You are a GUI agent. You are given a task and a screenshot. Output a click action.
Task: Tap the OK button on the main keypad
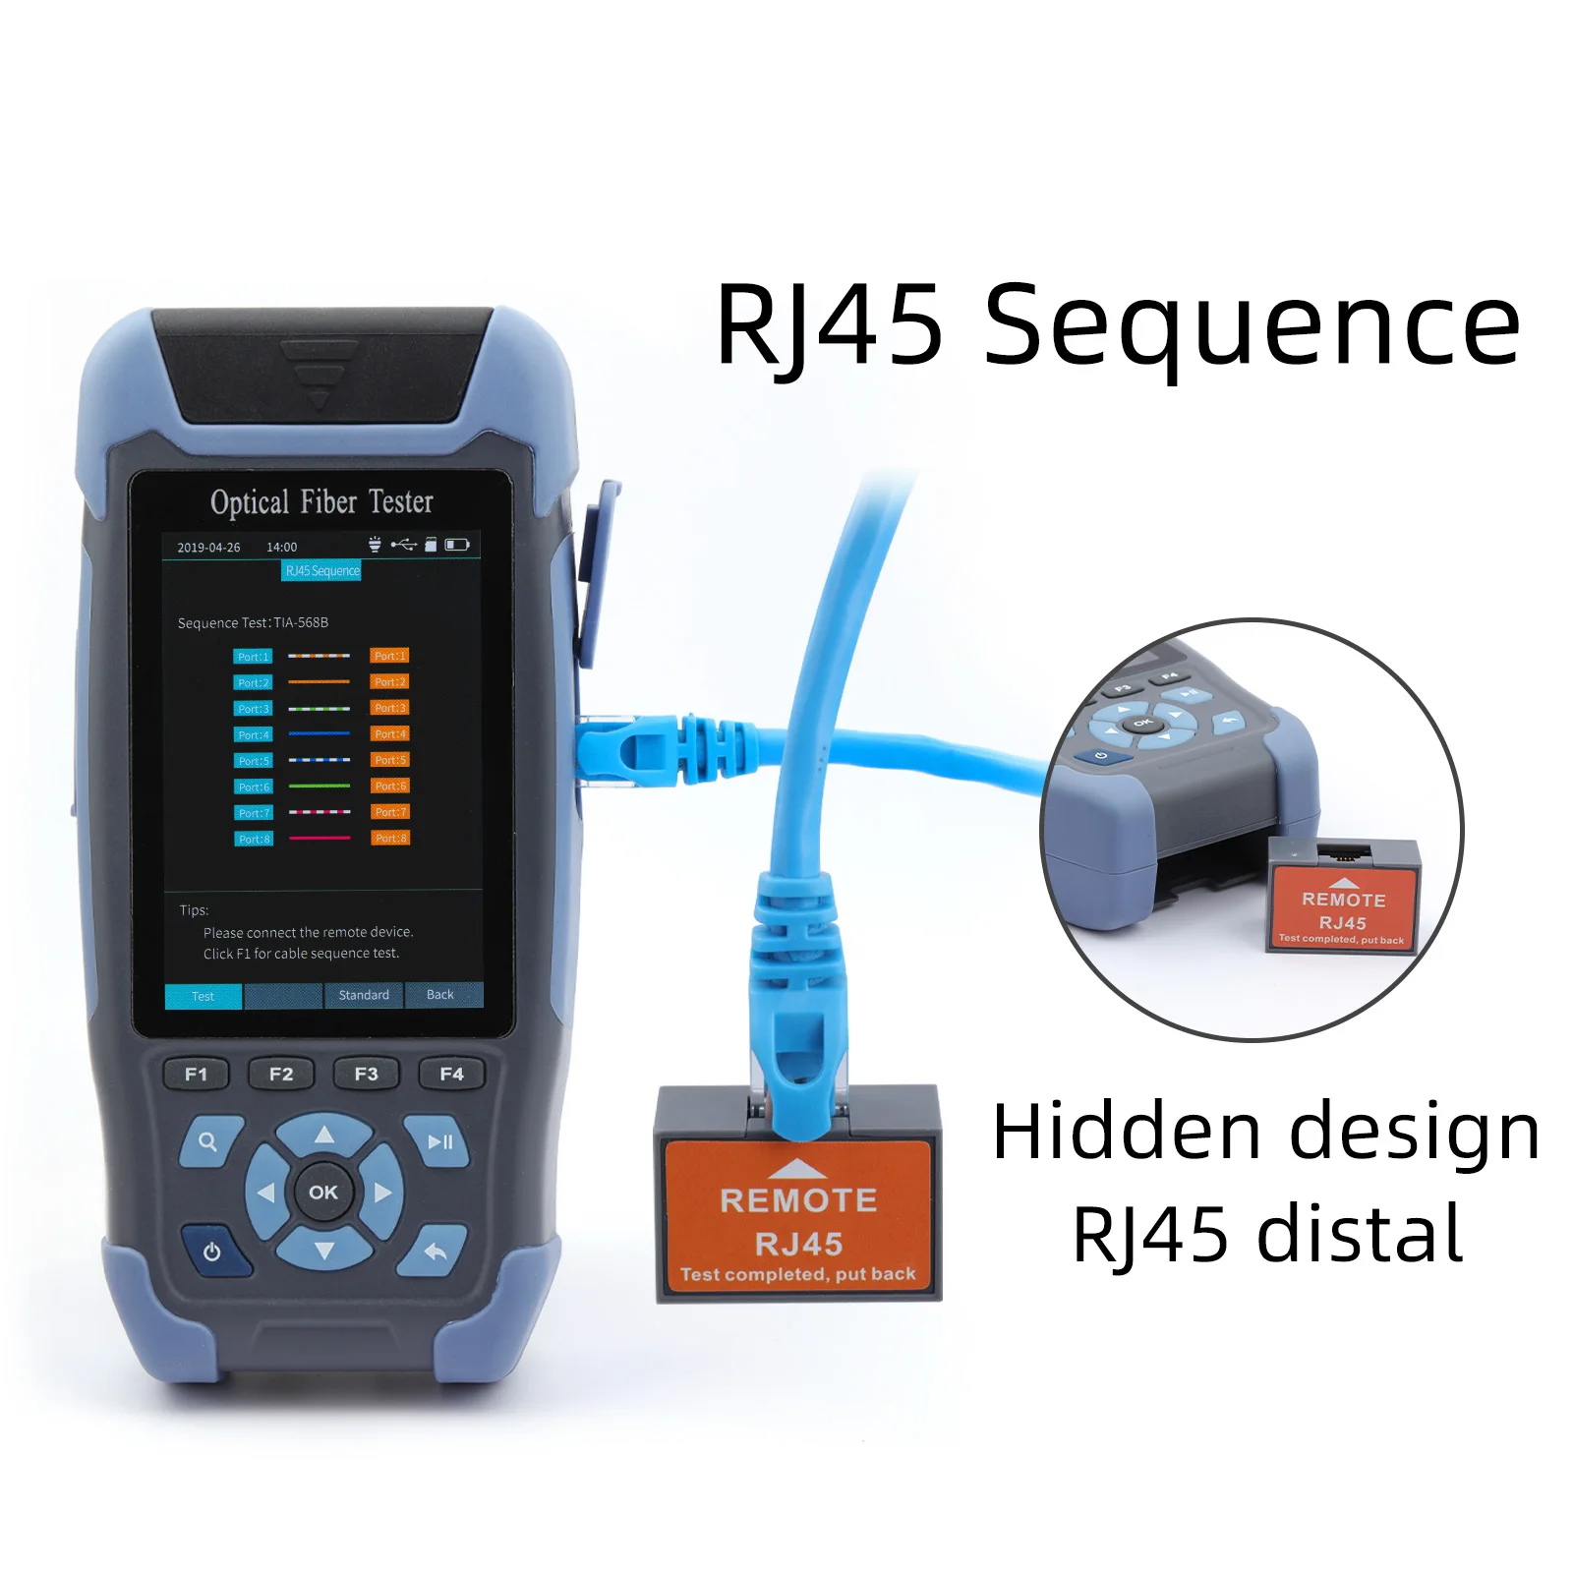[322, 1192]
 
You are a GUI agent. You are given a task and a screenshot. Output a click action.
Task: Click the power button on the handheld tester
[211, 1252]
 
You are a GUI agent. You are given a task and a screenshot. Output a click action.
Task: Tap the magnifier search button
[207, 1141]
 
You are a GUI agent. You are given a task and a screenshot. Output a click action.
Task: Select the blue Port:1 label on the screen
[253, 657]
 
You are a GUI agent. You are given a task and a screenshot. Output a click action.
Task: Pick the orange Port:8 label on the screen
[390, 839]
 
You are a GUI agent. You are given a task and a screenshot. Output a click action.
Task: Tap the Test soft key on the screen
[203, 996]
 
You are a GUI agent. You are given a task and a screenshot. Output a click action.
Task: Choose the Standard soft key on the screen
[364, 995]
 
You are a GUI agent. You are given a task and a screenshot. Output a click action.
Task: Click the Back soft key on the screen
[440, 995]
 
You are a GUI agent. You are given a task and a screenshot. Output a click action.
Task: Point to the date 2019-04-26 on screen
[208, 548]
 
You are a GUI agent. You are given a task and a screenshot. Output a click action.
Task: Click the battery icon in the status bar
[457, 545]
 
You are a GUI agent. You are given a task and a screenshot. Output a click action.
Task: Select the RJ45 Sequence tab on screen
[321, 571]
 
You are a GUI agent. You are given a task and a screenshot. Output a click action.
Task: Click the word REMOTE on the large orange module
[797, 1200]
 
